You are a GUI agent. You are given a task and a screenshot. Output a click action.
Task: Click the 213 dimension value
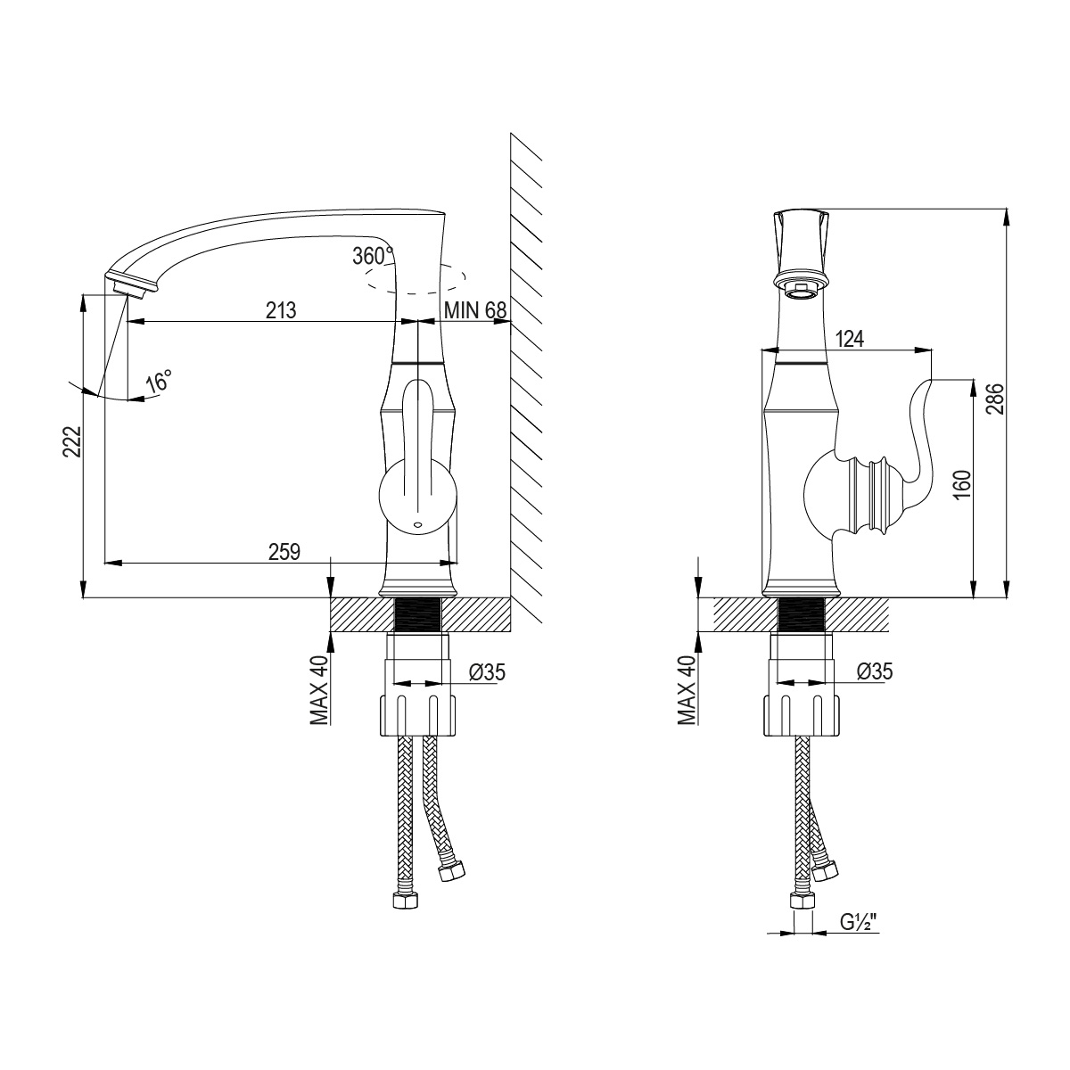pyautogui.click(x=280, y=310)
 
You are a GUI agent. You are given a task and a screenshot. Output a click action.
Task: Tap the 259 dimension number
pyautogui.click(x=284, y=552)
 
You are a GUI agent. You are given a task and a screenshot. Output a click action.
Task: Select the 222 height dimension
pyautogui.click(x=72, y=441)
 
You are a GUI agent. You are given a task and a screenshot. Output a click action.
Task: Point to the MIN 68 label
pyautogui.click(x=475, y=310)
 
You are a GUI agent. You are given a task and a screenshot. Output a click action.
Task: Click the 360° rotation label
pyautogui.click(x=373, y=256)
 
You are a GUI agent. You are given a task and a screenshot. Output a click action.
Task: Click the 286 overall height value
pyautogui.click(x=995, y=399)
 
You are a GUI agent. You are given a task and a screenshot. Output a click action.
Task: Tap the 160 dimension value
pyautogui.click(x=964, y=484)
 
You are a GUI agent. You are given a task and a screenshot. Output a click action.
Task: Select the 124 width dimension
pyautogui.click(x=850, y=339)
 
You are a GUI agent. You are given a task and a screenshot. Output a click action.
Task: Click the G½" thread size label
pyautogui.click(x=857, y=922)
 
